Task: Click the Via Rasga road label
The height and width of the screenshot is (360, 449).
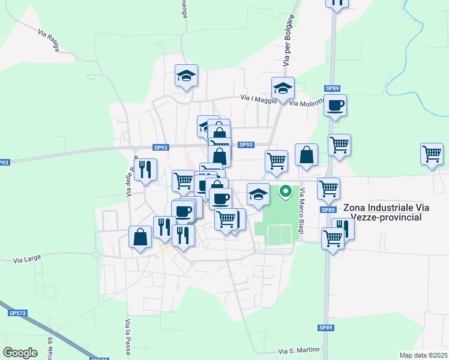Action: [x=49, y=40]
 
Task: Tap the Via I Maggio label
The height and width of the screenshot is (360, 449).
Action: [x=259, y=98]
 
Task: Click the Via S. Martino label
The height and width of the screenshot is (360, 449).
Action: [x=298, y=350]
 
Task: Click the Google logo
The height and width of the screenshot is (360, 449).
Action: [x=20, y=352]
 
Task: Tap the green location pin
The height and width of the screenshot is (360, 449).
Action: [x=286, y=192]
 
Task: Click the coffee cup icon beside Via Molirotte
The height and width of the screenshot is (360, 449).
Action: [x=335, y=106]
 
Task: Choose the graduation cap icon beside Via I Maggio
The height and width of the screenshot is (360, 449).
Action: [x=283, y=89]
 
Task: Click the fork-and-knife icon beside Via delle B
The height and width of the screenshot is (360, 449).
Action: [x=145, y=170]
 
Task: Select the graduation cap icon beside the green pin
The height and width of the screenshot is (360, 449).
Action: [x=258, y=194]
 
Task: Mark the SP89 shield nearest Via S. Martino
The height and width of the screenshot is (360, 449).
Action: [x=325, y=328]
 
